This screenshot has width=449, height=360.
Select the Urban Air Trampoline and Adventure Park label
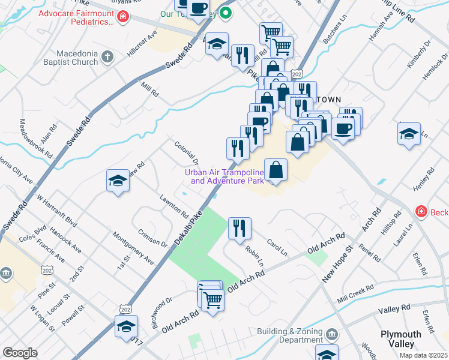pyautogui.click(x=224, y=176)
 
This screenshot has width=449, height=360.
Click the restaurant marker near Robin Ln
pyautogui.click(x=240, y=228)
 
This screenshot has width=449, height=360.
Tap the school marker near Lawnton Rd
pyautogui.click(x=118, y=181)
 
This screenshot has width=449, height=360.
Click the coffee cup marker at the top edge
pyautogui.click(x=197, y=9)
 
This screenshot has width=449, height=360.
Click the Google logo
pyautogui.click(x=20, y=353)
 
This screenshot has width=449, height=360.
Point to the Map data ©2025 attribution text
pyautogui.click(x=423, y=355)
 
